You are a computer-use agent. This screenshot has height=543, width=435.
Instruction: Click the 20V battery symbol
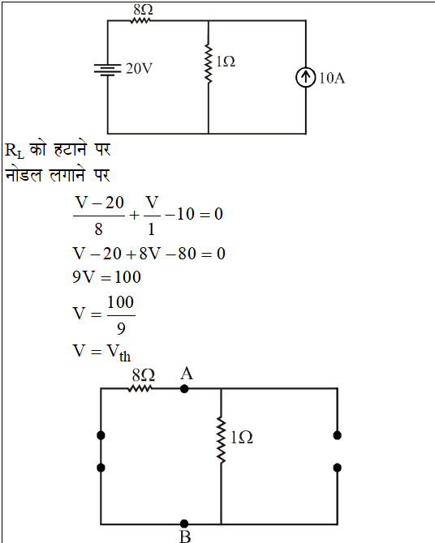pos(108,69)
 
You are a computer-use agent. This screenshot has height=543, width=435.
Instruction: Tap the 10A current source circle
pos(306,77)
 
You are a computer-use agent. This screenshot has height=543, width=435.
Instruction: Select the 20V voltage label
pos(139,69)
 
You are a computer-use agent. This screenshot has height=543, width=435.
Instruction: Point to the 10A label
pos(332,79)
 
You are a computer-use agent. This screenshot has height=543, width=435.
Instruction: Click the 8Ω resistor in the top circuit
pos(140,21)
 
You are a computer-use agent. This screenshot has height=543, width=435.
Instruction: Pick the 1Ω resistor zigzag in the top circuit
pos(208,63)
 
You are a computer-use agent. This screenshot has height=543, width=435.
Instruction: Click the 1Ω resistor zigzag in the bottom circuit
pos(221,440)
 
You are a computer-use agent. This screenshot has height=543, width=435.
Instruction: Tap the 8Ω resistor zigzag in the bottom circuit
pos(140,388)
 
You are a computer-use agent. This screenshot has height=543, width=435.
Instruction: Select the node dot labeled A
pos(184,389)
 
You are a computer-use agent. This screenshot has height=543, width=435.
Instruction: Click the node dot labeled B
pos(184,524)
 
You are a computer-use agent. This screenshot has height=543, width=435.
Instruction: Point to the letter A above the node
pos(187,374)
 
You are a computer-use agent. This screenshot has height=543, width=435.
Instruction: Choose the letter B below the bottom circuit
pos(185,537)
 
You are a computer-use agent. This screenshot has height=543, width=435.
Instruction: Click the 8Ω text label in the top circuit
pos(144,10)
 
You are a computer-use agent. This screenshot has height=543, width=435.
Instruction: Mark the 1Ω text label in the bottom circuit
pos(241,438)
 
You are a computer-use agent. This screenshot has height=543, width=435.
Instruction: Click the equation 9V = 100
pos(106,277)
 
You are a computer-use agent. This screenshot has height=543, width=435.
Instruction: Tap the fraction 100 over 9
pos(121,315)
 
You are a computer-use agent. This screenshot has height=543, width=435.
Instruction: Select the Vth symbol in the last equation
pos(118,353)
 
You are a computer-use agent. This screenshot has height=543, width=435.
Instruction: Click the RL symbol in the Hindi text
pos(15,151)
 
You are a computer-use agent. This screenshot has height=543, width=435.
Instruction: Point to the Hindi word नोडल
pos(24,175)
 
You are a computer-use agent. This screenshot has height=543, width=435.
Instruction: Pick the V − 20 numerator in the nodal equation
pos(99,203)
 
